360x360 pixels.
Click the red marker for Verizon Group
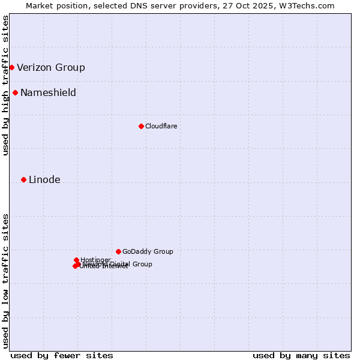pos(11,67)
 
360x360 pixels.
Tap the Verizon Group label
pos(51,68)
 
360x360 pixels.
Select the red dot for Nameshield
pos(15,92)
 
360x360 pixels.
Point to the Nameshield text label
pos(48,93)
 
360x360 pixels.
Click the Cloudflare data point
pos(141,126)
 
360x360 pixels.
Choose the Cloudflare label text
pos(161,126)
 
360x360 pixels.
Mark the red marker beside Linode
pos(23,179)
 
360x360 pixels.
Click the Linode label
pos(44,180)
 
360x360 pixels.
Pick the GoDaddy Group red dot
pos(118,251)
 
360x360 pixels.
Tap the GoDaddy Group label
pos(148,252)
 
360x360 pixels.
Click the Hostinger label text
pos(96,260)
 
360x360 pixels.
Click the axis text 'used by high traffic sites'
pos(5,85)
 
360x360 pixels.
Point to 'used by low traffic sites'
pos(5,281)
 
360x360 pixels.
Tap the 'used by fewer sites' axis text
pos(62,356)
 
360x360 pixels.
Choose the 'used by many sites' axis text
pos(301,356)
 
